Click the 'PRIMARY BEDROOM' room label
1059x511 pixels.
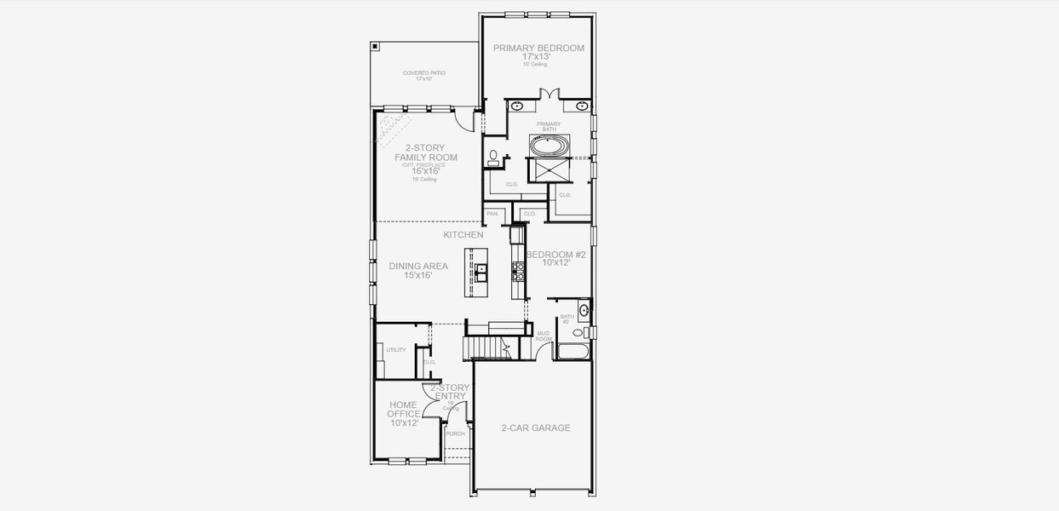pos(538,49)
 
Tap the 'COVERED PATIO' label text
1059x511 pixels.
pos(423,73)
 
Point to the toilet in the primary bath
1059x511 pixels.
pos(493,158)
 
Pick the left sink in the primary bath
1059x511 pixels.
pos(517,106)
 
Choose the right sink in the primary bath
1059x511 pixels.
pos(582,106)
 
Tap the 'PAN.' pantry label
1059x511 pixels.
pos(492,214)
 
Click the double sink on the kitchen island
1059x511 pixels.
pos(481,272)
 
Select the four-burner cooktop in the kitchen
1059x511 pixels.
pos(516,271)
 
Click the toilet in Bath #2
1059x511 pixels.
pos(578,333)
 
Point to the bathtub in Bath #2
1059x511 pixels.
pos(573,350)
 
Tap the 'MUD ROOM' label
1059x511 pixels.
pos(543,336)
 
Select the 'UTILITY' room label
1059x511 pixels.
pos(395,350)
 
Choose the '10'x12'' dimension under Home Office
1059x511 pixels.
pos(404,422)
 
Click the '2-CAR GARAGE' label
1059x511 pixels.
pos(535,428)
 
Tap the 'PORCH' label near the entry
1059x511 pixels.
pos(455,433)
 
